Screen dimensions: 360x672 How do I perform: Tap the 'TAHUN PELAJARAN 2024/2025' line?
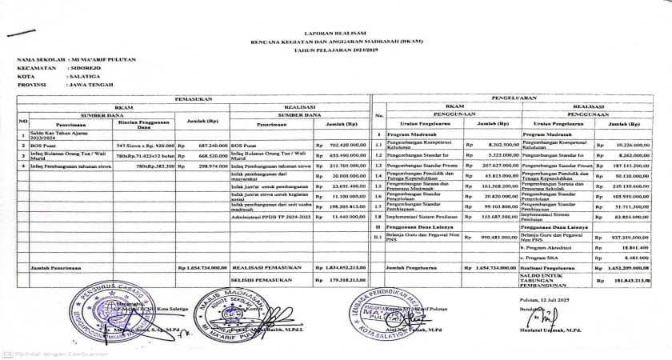335,49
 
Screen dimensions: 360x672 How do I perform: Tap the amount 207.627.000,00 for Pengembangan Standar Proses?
487,166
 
